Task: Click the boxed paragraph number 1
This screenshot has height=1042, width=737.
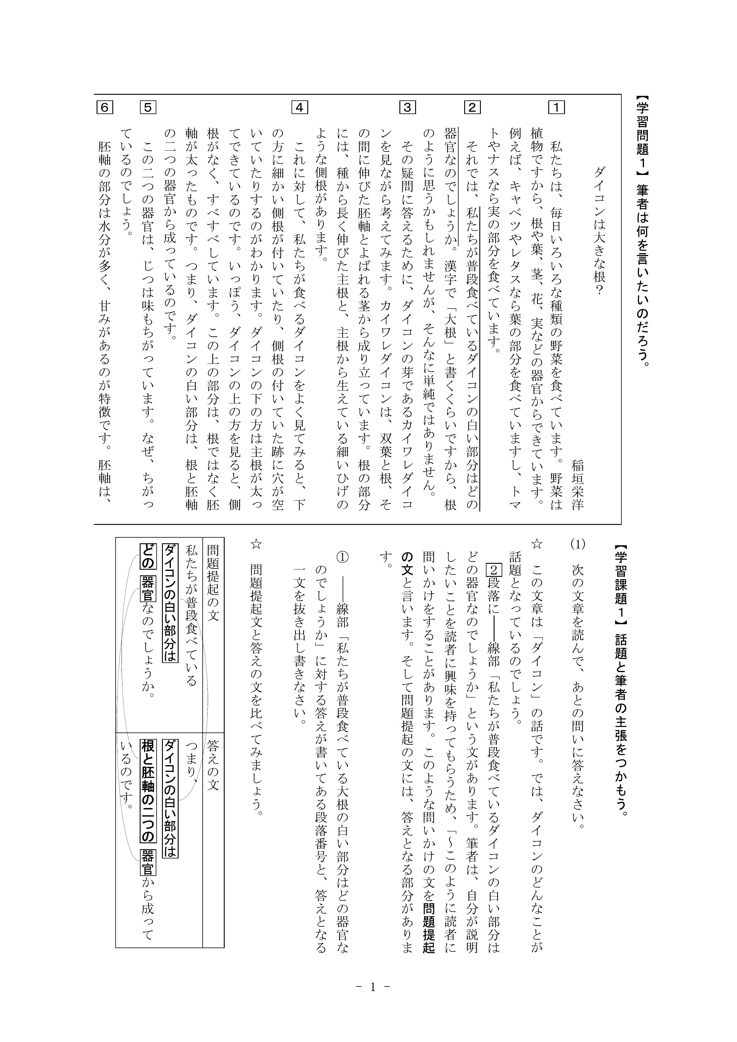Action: coord(556,108)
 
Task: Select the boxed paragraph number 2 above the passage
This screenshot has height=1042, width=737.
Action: coord(472,108)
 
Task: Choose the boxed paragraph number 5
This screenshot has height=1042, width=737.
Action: coord(149,108)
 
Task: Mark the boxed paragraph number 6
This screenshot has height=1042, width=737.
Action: coord(104,108)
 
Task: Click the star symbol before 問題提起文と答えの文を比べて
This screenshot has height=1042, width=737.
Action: coord(256,544)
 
